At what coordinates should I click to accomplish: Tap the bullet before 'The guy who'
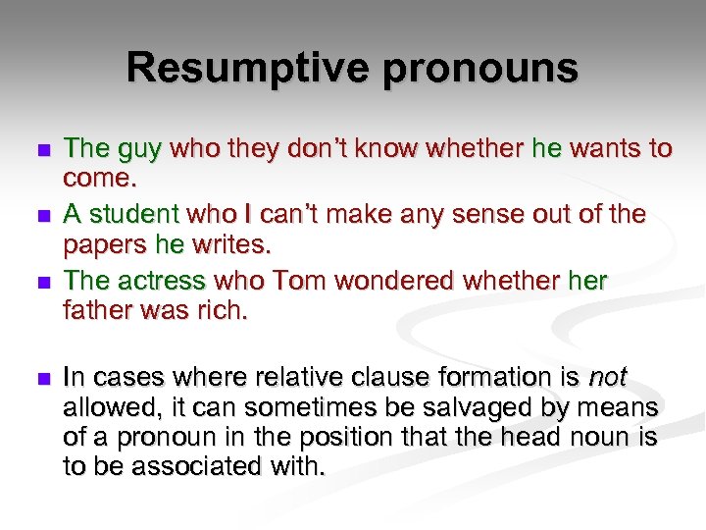(x=40, y=151)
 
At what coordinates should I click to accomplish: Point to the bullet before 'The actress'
(x=40, y=283)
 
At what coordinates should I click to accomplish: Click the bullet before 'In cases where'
(x=40, y=378)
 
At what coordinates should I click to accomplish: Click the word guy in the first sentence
(x=143, y=149)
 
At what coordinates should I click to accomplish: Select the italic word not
(x=607, y=377)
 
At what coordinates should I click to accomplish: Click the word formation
(x=500, y=377)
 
